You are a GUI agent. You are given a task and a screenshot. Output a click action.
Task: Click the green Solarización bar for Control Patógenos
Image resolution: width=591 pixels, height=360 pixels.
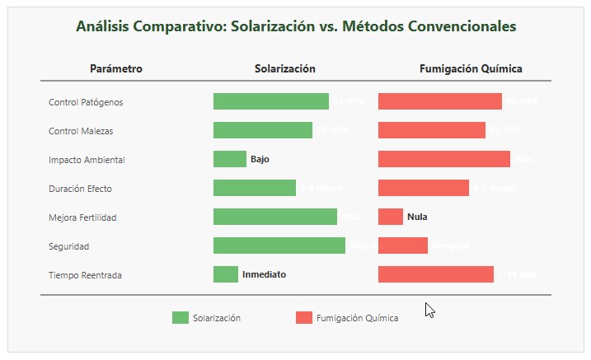(x=270, y=101)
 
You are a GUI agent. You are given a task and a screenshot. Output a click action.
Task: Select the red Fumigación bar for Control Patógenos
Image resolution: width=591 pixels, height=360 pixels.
(x=439, y=101)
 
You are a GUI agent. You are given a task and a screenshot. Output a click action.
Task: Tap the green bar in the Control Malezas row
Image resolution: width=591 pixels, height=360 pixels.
(x=262, y=130)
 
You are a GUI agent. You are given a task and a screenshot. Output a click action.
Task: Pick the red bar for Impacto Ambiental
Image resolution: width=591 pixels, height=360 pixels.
(x=443, y=159)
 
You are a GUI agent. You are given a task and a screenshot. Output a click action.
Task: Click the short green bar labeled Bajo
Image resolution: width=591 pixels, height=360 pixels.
(x=229, y=159)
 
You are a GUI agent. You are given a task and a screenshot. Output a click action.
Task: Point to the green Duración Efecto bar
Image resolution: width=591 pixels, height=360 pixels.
(x=254, y=188)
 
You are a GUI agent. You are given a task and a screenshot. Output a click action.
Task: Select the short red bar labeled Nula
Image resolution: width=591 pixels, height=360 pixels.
(x=390, y=217)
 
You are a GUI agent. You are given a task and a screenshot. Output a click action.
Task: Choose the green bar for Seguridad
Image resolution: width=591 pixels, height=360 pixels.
(x=279, y=245)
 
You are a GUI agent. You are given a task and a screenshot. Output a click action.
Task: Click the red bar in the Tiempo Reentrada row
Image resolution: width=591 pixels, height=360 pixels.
(x=435, y=274)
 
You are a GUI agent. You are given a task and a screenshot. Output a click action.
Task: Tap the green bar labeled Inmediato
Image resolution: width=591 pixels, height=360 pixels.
(x=225, y=274)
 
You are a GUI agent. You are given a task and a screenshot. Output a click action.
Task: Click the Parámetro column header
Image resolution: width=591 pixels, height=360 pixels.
(x=116, y=69)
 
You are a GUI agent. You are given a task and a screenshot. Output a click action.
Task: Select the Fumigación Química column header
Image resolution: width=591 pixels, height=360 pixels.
(x=471, y=69)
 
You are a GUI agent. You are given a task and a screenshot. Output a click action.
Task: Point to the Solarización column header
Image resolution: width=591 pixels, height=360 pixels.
(x=284, y=69)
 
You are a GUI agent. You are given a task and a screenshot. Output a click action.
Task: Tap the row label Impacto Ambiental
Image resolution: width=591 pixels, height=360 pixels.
(x=87, y=160)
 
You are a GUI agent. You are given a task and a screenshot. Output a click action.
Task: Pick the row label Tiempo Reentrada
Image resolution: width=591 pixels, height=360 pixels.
(x=85, y=275)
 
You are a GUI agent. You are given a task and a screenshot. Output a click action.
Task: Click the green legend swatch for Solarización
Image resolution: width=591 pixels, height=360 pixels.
(x=180, y=318)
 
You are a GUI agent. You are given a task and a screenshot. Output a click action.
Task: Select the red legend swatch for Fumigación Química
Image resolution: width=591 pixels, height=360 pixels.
(x=303, y=318)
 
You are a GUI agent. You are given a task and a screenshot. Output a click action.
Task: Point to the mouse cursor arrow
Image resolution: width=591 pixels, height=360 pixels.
(x=429, y=308)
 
